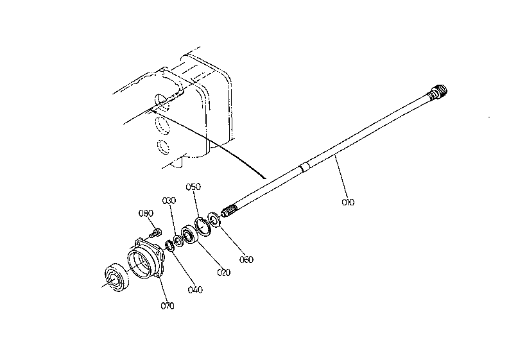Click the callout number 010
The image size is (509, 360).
coord(348,202)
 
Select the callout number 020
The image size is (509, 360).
coord(223,272)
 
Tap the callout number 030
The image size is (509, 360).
coord(169,201)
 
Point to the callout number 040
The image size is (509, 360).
coord(195,289)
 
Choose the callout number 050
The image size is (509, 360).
coord(193,187)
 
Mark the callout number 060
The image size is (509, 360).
coord(246,259)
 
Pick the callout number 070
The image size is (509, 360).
coord(168,306)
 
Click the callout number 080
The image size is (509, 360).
coord(146,213)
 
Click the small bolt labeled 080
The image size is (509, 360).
coord(155,233)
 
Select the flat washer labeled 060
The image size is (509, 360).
coord(214,219)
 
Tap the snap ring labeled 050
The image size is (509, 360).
coord(203,227)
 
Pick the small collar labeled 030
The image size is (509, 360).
coord(178,241)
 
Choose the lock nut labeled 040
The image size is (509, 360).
coord(169,244)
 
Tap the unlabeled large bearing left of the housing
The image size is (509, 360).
coord(117,277)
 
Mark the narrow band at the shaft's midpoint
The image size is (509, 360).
coord(304,167)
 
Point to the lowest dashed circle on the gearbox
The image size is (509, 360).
coord(163,146)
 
